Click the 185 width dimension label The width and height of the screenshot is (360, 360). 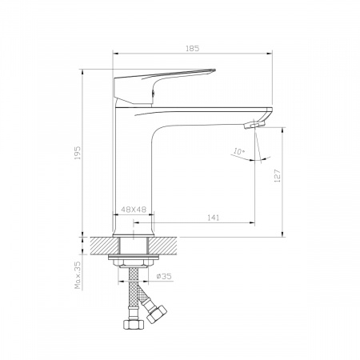(x=192, y=49)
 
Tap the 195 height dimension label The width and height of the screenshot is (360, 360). (x=78, y=153)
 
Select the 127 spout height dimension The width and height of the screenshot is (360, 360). (x=278, y=176)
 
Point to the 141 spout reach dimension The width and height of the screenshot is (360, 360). (x=214, y=218)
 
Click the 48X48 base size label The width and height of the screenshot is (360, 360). (x=134, y=210)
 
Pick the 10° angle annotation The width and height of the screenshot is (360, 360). (x=238, y=152)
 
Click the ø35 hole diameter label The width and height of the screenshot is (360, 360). (x=164, y=276)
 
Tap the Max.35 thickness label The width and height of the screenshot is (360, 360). (x=78, y=275)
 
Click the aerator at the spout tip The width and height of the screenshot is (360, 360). (x=254, y=125)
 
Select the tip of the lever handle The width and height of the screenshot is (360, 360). (x=214, y=70)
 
